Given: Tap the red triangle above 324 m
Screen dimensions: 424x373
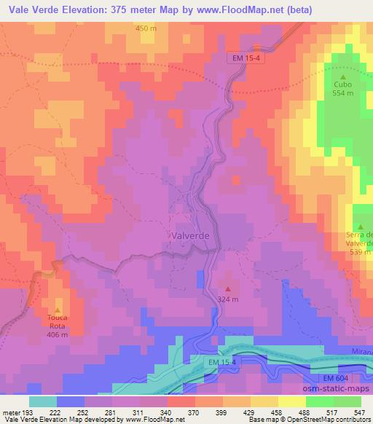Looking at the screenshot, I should (x=229, y=288).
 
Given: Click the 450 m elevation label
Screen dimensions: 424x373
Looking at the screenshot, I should (x=146, y=28).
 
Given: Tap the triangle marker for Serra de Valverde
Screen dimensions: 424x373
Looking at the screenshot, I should (x=359, y=227).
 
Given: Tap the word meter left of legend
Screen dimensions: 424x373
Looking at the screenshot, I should (x=12, y=412).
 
